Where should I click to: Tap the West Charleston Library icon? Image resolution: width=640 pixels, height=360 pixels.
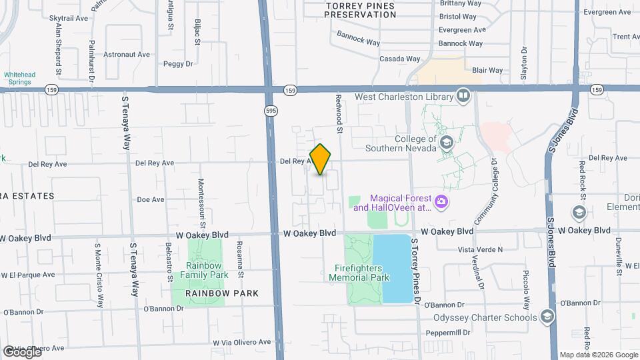click(463, 97)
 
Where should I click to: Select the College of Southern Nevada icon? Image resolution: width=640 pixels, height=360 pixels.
click(445, 143)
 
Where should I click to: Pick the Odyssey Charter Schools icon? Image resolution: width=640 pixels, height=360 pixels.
click(547, 317)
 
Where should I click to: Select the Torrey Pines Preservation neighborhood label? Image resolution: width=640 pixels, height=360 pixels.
click(360, 9)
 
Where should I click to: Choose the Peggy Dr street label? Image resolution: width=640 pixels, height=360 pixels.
click(177, 64)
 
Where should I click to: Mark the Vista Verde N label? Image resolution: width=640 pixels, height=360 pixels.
click(480, 249)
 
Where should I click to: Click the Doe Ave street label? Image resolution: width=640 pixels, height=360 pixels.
click(150, 199)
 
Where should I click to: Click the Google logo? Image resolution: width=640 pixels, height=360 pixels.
click(21, 351)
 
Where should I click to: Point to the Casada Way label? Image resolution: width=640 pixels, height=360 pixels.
click(399, 59)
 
